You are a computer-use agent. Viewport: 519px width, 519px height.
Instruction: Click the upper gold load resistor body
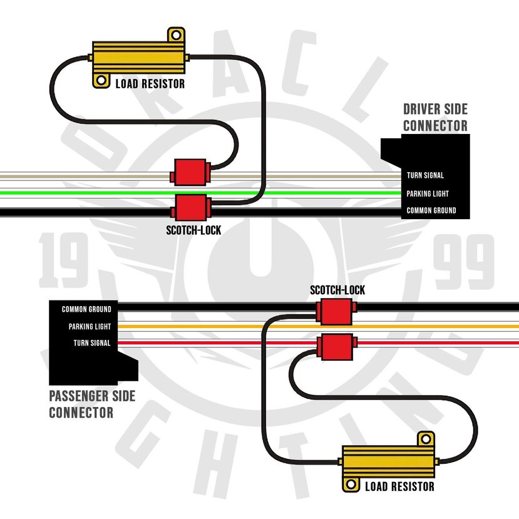(x=138, y=58)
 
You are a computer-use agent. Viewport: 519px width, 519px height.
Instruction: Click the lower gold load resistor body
(x=388, y=461)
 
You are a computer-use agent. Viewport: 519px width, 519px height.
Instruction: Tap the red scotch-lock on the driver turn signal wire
(x=190, y=172)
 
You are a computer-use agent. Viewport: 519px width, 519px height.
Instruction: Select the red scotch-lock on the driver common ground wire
(x=191, y=207)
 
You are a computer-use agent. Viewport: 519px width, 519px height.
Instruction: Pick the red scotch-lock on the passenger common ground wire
(x=336, y=312)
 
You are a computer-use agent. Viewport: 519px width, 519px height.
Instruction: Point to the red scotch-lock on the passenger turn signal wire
(x=337, y=347)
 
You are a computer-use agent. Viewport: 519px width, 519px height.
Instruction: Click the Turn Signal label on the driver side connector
(x=425, y=175)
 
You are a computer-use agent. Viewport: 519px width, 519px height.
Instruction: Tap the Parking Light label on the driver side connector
(x=428, y=193)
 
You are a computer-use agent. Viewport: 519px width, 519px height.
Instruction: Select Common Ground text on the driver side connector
(x=431, y=210)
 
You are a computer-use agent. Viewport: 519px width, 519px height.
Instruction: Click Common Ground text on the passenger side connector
(x=86, y=309)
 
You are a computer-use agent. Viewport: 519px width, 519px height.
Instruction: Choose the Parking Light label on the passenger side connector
(x=90, y=326)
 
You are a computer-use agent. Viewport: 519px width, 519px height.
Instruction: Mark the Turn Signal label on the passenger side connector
(x=92, y=343)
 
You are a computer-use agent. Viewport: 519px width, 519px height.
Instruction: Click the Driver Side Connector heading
(x=435, y=118)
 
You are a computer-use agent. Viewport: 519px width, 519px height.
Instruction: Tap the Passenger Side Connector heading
(x=92, y=404)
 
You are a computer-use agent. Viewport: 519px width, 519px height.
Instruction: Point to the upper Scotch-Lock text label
(x=193, y=230)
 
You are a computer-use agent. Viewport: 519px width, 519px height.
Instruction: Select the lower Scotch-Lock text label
(x=337, y=290)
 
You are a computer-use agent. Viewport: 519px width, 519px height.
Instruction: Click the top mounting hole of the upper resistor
(x=176, y=35)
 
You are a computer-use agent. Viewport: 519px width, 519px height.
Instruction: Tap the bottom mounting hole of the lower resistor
(x=351, y=485)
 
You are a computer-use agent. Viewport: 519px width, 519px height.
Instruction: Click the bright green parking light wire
(x=200, y=193)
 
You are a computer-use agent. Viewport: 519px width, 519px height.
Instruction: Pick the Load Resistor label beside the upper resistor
(x=150, y=84)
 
